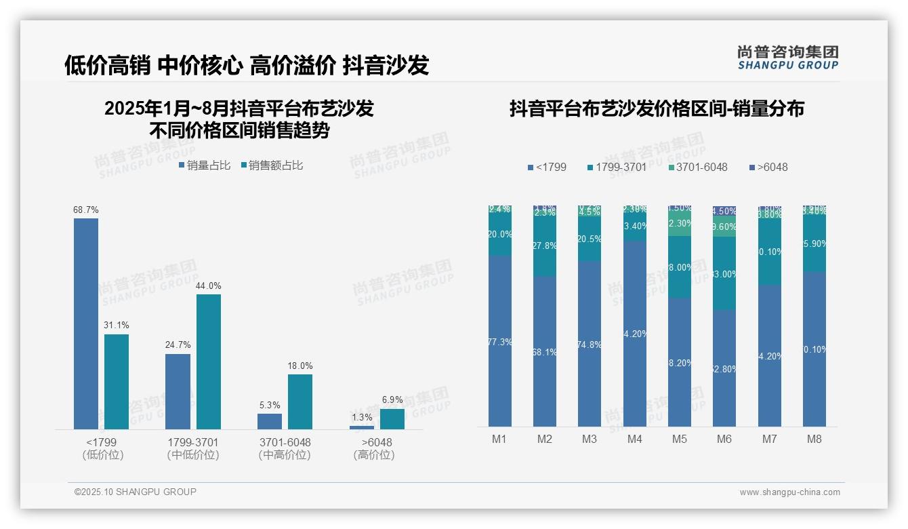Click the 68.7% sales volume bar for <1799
coord(86,323)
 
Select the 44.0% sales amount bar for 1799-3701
coord(209,361)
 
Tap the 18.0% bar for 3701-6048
coord(300,401)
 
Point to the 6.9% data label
coord(392,400)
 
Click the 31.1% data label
coord(117,326)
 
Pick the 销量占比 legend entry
coord(205,165)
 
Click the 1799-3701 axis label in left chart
coord(193,443)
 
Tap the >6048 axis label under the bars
coord(373,443)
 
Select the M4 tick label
coord(634,439)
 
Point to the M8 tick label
coord(814,439)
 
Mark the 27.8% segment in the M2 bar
coord(545,246)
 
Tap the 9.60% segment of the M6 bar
coord(724,227)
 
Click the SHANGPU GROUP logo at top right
coord(787,58)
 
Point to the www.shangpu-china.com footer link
coord(789,492)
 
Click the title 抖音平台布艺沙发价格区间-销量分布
coord(657,109)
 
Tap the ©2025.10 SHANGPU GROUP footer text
coord(136,492)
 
